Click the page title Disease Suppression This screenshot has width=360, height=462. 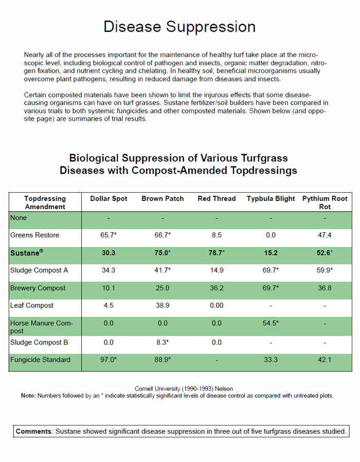click(x=179, y=27)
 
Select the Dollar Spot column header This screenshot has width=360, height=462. click(x=109, y=199)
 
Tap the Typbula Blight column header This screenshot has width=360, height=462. click(x=271, y=199)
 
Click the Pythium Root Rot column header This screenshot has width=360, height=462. click(x=325, y=202)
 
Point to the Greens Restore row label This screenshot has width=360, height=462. click(x=34, y=235)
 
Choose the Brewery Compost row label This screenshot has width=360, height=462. click(x=38, y=288)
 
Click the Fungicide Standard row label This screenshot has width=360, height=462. click(x=40, y=360)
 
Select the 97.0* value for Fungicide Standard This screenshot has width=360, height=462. click(x=109, y=360)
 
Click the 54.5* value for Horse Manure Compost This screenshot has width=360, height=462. click(x=271, y=324)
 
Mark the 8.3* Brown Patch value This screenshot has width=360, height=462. click(x=163, y=342)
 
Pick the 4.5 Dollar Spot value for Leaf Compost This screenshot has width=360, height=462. click(x=108, y=306)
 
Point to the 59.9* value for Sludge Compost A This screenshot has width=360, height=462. click(x=325, y=270)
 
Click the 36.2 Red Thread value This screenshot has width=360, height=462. click(x=217, y=288)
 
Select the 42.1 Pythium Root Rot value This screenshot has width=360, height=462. click(x=325, y=360)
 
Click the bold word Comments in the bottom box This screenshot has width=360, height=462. click(x=34, y=431)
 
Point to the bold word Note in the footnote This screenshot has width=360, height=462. click(x=28, y=396)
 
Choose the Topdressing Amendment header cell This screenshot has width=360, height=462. click(x=45, y=202)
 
